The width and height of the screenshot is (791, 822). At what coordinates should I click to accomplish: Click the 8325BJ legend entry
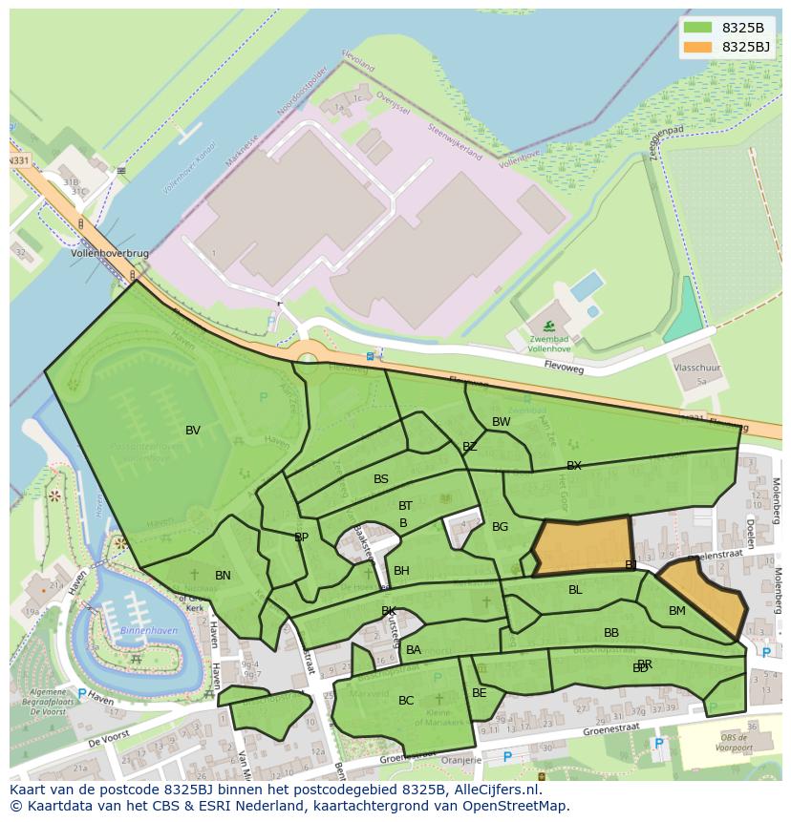point(745,47)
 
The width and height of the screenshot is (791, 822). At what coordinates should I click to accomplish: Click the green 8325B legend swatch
point(697,28)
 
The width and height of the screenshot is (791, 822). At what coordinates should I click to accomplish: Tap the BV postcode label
point(193,431)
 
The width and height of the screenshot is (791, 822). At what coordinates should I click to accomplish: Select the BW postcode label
point(501,422)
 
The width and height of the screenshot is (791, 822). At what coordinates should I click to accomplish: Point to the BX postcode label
point(573,466)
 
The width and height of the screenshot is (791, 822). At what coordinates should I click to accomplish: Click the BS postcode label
point(381,479)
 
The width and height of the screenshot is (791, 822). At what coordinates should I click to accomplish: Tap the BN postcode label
point(223,576)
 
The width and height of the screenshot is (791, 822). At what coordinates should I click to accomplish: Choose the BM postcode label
point(676,611)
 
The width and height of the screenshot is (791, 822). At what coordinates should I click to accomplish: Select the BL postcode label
point(575,590)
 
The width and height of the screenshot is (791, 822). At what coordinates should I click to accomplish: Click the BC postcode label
point(406,701)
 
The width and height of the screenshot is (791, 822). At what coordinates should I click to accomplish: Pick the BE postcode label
point(479,693)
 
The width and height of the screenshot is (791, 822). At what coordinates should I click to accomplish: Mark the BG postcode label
point(500,527)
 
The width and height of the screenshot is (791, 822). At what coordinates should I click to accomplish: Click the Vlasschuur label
point(695,367)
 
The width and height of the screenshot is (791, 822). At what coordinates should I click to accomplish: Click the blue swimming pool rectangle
point(586,285)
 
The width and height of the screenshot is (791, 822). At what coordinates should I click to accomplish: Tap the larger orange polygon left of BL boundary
point(582,546)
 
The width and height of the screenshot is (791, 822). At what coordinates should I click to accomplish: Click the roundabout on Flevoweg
point(308,359)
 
